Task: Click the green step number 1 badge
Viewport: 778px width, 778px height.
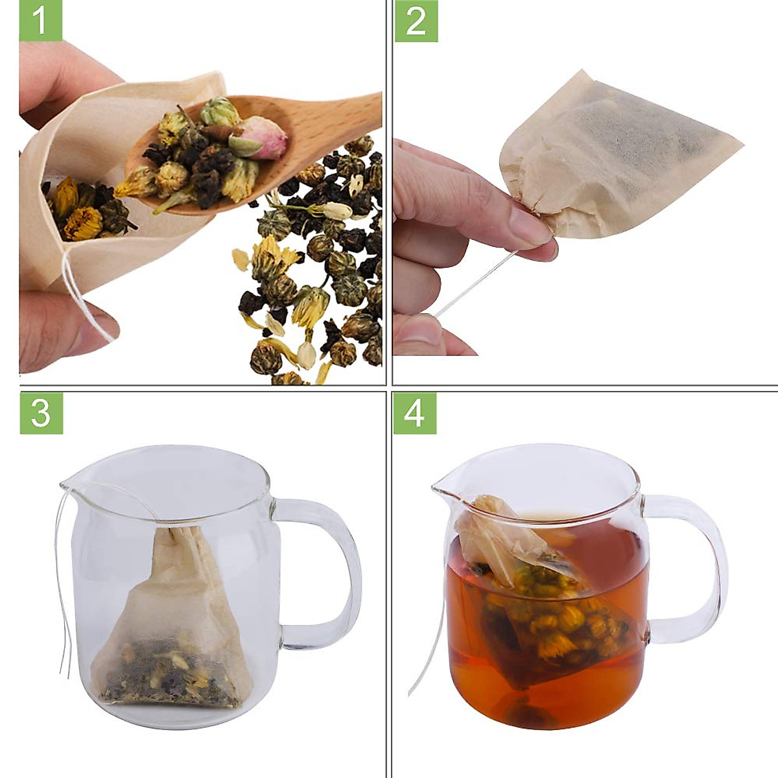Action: coord(40,21)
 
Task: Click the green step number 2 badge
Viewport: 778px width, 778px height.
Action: coord(416,21)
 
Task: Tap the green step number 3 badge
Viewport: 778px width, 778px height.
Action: coord(41,413)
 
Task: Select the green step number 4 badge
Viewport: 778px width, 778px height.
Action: coord(415,413)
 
